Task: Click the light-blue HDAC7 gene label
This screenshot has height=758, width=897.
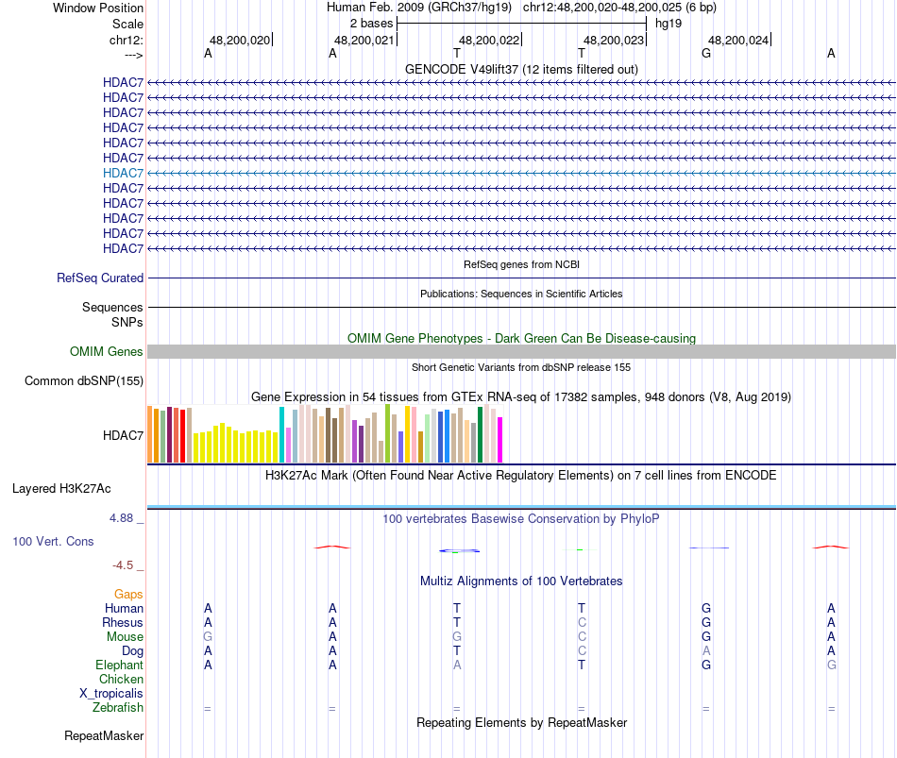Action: pos(124,173)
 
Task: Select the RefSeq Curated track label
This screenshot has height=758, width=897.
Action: pos(100,278)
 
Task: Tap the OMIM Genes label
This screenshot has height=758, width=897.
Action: pos(107,352)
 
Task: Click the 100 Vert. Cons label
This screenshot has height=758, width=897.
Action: pos(53,542)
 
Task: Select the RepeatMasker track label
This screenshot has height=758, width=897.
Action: pos(104,735)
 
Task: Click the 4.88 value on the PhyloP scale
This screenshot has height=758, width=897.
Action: pos(125,518)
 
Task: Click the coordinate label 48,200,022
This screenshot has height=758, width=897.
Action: pos(489,41)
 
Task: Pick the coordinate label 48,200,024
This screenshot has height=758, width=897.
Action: pos(738,41)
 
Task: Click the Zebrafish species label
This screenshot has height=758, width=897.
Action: pos(118,708)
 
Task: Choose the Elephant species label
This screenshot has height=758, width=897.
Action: pos(119,665)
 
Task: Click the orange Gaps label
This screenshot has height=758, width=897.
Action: pos(128,595)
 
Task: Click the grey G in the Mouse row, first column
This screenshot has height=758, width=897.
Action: pos(208,637)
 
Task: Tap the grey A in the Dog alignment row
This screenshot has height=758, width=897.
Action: pos(706,651)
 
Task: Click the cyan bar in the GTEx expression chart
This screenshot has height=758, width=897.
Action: pos(281,435)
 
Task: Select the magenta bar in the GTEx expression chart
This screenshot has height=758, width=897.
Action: pos(500,440)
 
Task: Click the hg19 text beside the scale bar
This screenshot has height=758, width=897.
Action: pos(669,23)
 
